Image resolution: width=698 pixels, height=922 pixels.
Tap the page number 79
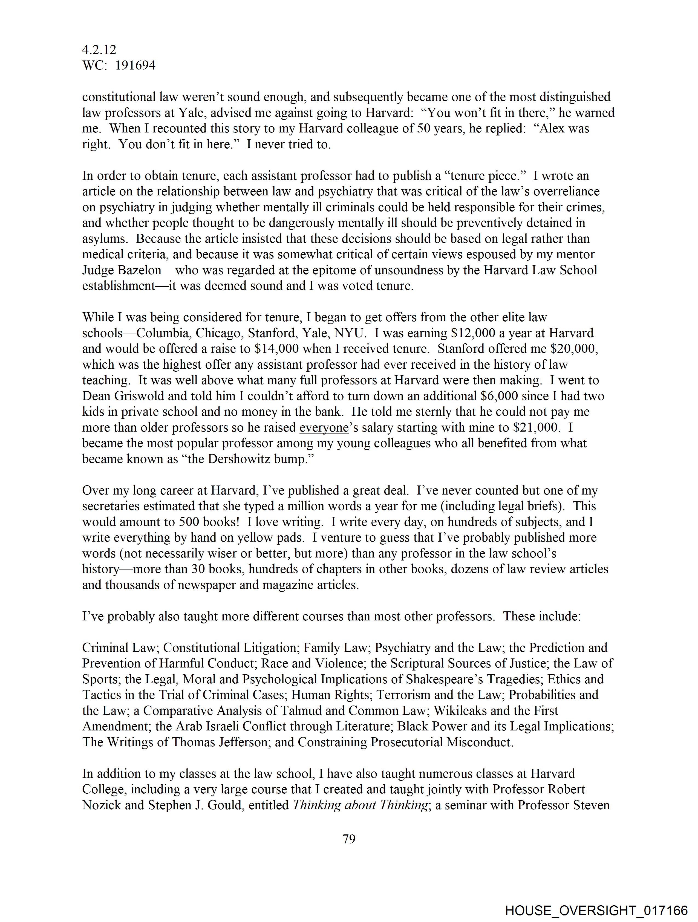(x=349, y=839)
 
